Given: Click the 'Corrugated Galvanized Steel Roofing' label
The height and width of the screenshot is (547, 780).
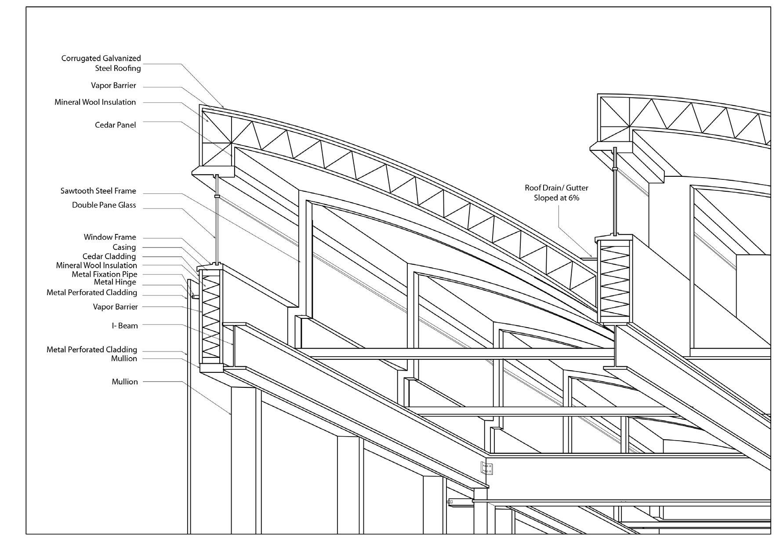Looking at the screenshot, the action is tap(101, 63).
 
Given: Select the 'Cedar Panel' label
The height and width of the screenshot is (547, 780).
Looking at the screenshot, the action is tap(115, 125).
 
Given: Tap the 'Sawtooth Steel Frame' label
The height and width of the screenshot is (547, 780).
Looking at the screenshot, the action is tap(98, 191).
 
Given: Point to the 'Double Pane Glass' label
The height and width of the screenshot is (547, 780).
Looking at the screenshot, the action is tap(104, 205).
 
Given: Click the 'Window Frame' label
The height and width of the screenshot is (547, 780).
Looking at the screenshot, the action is tap(110, 237).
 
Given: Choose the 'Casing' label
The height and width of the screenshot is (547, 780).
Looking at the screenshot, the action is tap(124, 247).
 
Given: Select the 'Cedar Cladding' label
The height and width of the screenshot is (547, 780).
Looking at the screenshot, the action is tap(109, 256).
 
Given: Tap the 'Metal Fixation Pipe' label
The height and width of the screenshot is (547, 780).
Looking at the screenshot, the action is tap(104, 274).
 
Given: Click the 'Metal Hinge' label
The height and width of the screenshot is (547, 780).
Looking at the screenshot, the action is tap(115, 282).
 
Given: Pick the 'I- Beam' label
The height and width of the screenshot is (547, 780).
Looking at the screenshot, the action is tap(124, 326).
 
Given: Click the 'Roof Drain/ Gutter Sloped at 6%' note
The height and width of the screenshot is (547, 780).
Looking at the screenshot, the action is tap(556, 193).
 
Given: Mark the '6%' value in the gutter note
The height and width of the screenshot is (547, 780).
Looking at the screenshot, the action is tap(573, 198).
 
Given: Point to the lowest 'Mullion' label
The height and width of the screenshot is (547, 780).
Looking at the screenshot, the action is tap(124, 382).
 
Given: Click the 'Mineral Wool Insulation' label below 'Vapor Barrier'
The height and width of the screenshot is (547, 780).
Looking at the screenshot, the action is tap(95, 102).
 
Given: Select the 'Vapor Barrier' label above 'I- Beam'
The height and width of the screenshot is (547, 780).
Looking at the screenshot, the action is tap(115, 307).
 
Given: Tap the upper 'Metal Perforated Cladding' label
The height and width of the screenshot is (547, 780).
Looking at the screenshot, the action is tap(92, 292).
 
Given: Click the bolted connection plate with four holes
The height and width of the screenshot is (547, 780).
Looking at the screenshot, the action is tap(486, 469).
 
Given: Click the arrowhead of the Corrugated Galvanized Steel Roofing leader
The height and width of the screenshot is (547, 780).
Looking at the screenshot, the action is tap(223, 107).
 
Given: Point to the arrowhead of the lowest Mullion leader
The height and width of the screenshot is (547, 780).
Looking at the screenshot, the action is tap(231, 414).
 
